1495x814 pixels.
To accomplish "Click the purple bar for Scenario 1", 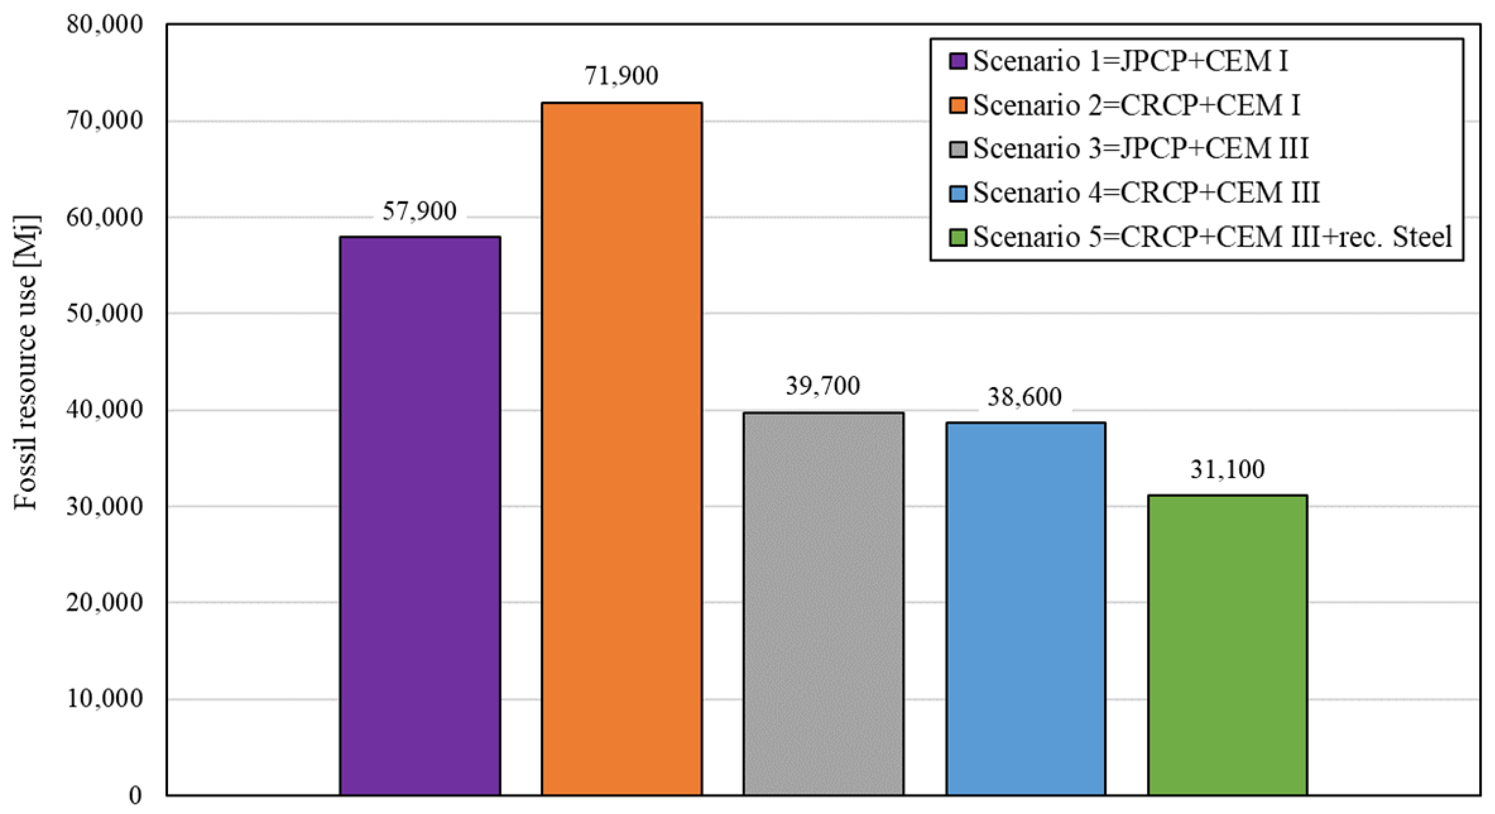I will pyautogui.click(x=419, y=515).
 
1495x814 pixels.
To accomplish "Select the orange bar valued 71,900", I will pyautogui.click(x=621, y=448).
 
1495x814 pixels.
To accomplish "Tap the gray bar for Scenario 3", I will pyautogui.click(x=823, y=603).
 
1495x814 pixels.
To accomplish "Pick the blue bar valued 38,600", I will pyautogui.click(x=1025, y=608).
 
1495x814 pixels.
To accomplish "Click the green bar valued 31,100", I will pyautogui.click(x=1227, y=644).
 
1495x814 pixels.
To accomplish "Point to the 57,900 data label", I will pyautogui.click(x=419, y=212).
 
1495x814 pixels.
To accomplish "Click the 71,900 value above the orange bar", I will pyautogui.click(x=621, y=76).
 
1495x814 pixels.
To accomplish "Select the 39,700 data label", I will pyautogui.click(x=823, y=386).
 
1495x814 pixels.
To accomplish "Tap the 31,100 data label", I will pyautogui.click(x=1227, y=469).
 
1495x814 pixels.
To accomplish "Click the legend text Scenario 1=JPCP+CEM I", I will pyautogui.click(x=1130, y=61).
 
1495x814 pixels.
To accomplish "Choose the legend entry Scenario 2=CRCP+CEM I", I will pyautogui.click(x=1136, y=105).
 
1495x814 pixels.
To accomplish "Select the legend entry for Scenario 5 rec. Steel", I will pyautogui.click(x=1212, y=237).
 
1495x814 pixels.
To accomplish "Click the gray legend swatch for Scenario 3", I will pyautogui.click(x=958, y=150).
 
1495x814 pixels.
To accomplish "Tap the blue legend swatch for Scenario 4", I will pyautogui.click(x=958, y=193).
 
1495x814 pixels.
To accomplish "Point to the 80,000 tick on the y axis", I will pyautogui.click(x=105, y=25).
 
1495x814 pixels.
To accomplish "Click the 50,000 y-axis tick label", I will pyautogui.click(x=105, y=313).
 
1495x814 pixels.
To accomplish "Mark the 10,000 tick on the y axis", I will pyautogui.click(x=105, y=698).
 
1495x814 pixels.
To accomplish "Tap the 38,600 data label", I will pyautogui.click(x=1025, y=397).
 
